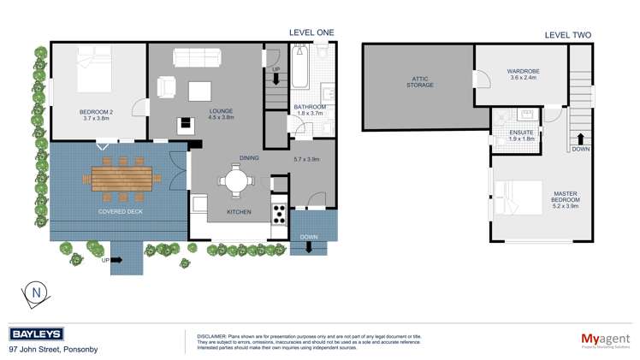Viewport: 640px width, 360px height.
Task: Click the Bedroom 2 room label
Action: click(97, 115)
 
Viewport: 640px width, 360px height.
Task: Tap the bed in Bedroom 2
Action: click(101, 70)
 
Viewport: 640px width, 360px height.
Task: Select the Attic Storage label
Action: click(419, 82)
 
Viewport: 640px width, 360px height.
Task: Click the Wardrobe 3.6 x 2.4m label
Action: click(522, 74)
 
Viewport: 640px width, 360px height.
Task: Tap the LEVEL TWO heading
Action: click(567, 35)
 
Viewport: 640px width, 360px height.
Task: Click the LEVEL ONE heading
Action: click(311, 32)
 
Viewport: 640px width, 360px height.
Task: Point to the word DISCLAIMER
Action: click(211, 337)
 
